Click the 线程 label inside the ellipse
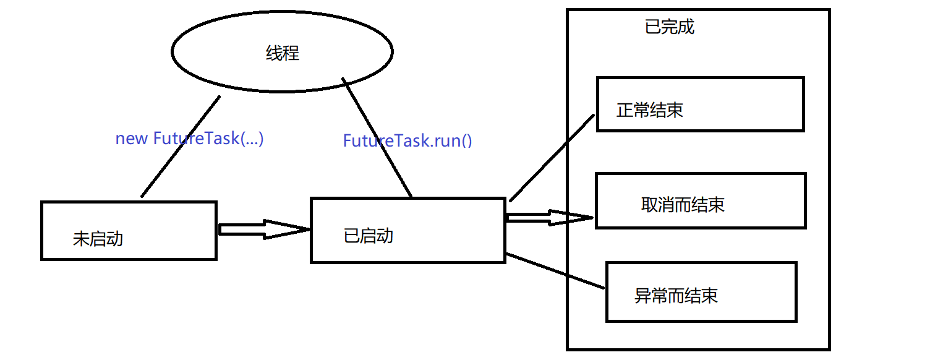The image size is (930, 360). coord(283,54)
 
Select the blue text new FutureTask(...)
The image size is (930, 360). coord(189,139)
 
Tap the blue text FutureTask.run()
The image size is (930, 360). coord(407,141)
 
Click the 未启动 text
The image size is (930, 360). coord(98,239)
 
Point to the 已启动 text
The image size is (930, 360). coord(368,236)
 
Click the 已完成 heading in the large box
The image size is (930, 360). coord(670,27)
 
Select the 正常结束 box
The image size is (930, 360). coord(700,104)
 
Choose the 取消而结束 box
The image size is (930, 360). coord(700,201)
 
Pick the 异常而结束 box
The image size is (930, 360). coord(701,292)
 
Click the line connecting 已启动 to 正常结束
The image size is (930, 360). coord(552,158)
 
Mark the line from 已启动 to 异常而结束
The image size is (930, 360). coord(554,271)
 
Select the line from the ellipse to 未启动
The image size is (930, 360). coord(181,147)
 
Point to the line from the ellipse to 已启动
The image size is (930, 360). coord(377,137)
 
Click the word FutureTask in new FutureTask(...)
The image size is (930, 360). coord(195,139)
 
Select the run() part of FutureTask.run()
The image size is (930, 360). coord(454,141)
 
